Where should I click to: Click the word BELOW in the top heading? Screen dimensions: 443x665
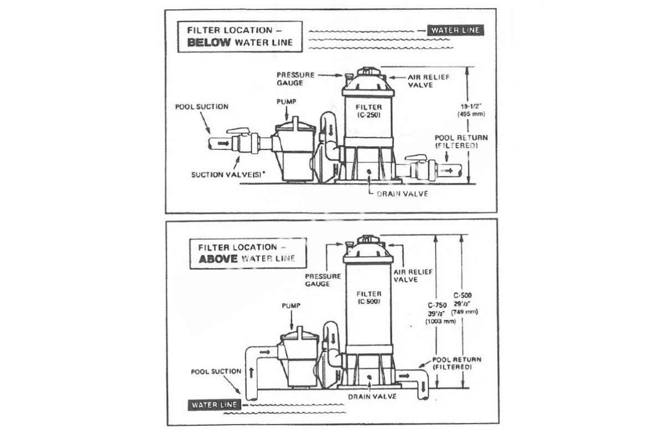point(209,43)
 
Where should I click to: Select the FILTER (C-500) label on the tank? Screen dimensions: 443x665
point(369,297)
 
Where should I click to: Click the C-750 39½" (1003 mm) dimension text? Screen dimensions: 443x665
point(438,313)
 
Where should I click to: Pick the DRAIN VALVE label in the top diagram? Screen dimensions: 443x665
point(402,194)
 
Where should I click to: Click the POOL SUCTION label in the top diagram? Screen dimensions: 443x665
point(202,106)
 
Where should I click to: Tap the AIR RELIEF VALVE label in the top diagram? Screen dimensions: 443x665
point(428,81)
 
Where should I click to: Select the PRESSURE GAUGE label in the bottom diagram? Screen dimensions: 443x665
point(318,279)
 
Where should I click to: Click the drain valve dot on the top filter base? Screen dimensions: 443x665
point(369,172)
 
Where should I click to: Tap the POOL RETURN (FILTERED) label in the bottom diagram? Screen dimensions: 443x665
point(456,363)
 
